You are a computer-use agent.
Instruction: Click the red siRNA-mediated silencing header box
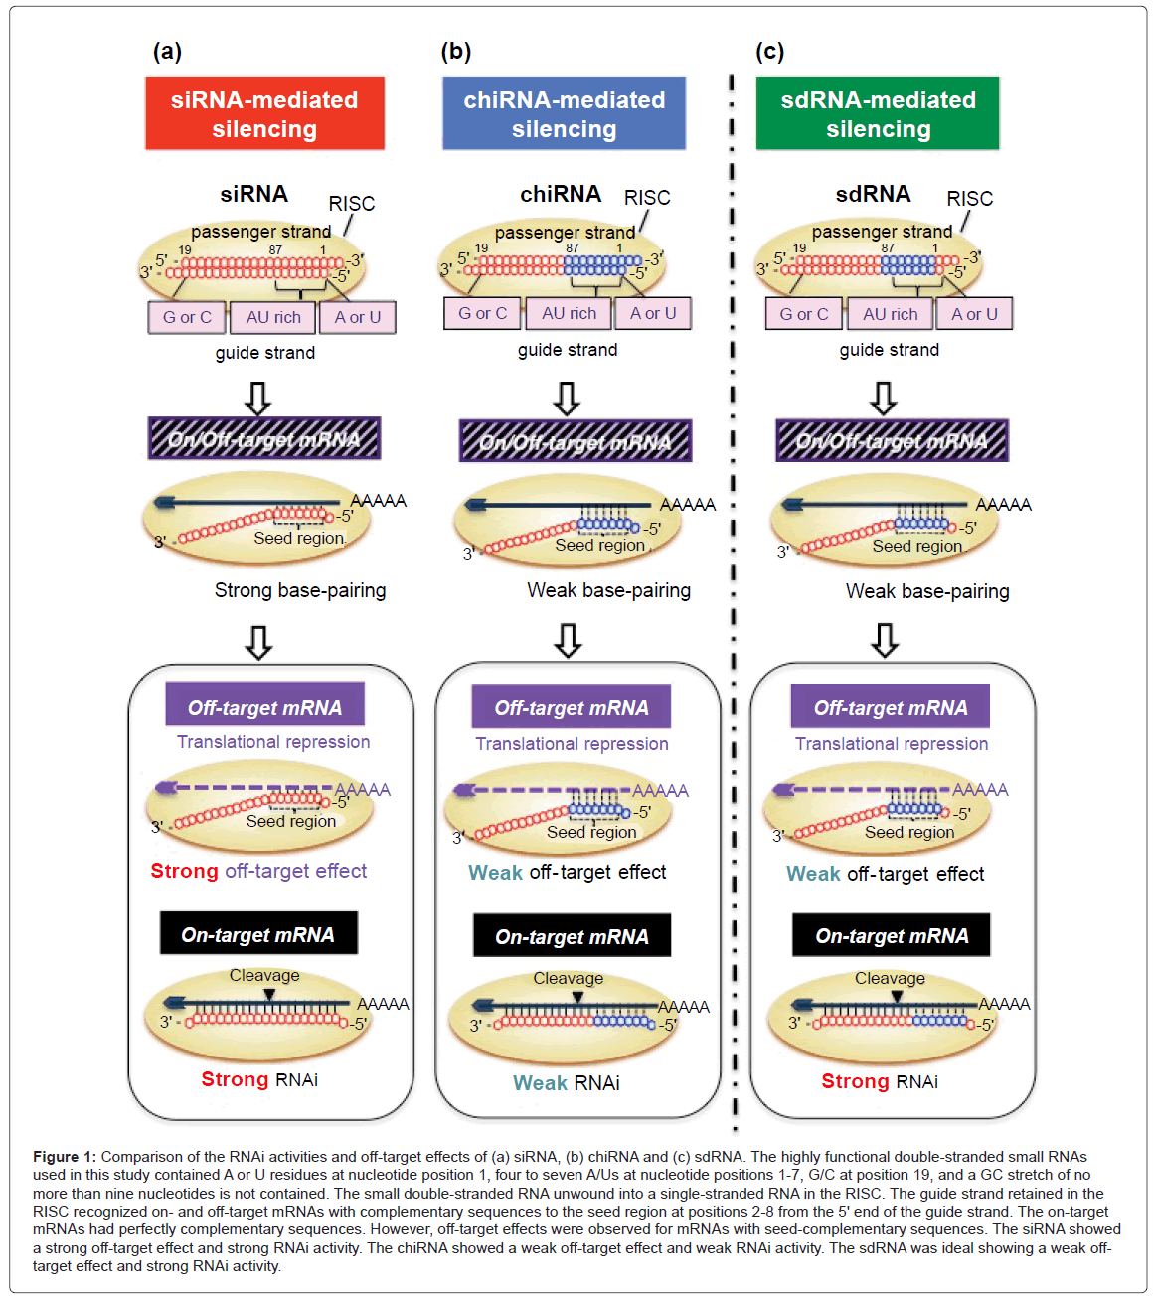click(264, 114)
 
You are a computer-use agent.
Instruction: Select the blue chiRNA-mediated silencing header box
click(564, 114)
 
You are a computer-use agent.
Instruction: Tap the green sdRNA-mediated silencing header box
click(878, 114)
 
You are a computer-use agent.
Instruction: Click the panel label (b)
click(455, 52)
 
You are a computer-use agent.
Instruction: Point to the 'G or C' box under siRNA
click(187, 317)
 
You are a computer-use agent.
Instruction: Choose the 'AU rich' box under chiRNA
click(569, 313)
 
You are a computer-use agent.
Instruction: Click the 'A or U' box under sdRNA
click(974, 314)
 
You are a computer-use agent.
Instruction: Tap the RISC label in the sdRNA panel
click(969, 199)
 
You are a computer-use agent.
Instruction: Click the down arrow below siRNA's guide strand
click(258, 398)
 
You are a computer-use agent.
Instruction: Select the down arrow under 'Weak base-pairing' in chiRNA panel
click(568, 641)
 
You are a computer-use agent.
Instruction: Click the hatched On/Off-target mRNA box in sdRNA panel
click(892, 441)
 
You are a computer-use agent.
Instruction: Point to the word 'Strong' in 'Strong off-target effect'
click(184, 871)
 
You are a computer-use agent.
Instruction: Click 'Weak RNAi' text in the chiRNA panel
click(566, 1083)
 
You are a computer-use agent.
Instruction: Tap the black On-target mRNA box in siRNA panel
click(258, 934)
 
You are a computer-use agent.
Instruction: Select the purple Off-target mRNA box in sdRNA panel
click(890, 708)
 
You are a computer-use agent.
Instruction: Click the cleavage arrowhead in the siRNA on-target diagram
click(266, 993)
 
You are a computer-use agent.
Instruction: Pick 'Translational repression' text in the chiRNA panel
click(572, 744)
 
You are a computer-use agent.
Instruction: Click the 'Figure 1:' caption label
click(65, 1157)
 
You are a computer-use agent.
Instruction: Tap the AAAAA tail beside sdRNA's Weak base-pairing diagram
click(1003, 505)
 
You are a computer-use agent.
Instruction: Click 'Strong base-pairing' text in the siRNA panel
click(300, 590)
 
